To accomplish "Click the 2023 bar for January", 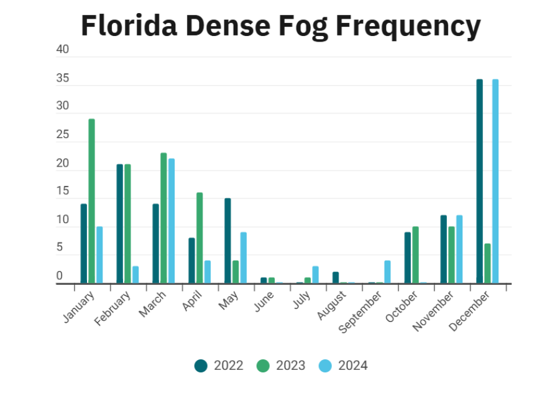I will click(92, 201).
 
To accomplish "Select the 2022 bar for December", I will click(479, 181).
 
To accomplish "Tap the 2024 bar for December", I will click(495, 181).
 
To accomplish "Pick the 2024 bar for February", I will click(136, 275).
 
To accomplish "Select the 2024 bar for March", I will click(172, 221).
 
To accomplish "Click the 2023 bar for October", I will click(415, 255).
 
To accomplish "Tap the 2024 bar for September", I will click(387, 272).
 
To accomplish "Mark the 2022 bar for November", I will click(443, 249).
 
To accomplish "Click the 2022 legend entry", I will click(219, 366).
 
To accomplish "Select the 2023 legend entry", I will click(281, 366).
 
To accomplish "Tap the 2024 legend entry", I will click(344, 366).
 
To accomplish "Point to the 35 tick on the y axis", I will click(63, 79).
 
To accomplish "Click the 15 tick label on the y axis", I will click(63, 191).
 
